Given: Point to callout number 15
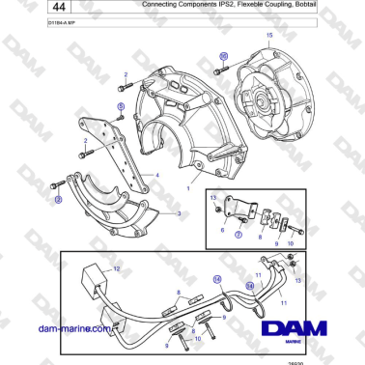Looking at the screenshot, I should click(x=269, y=36).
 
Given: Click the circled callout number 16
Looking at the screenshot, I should click(x=224, y=56).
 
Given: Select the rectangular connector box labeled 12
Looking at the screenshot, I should click(x=96, y=281).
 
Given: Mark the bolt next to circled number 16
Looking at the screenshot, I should click(x=224, y=72).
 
